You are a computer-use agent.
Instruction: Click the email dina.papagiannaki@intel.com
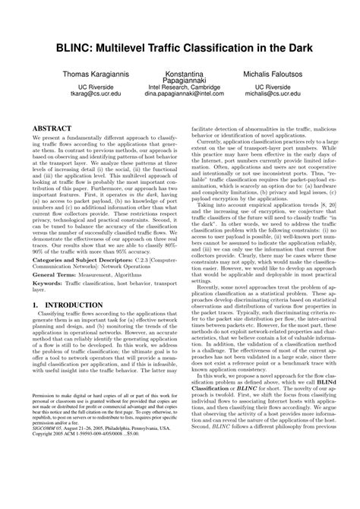coord(179,96)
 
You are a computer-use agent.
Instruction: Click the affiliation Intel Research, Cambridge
coord(179,87)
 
